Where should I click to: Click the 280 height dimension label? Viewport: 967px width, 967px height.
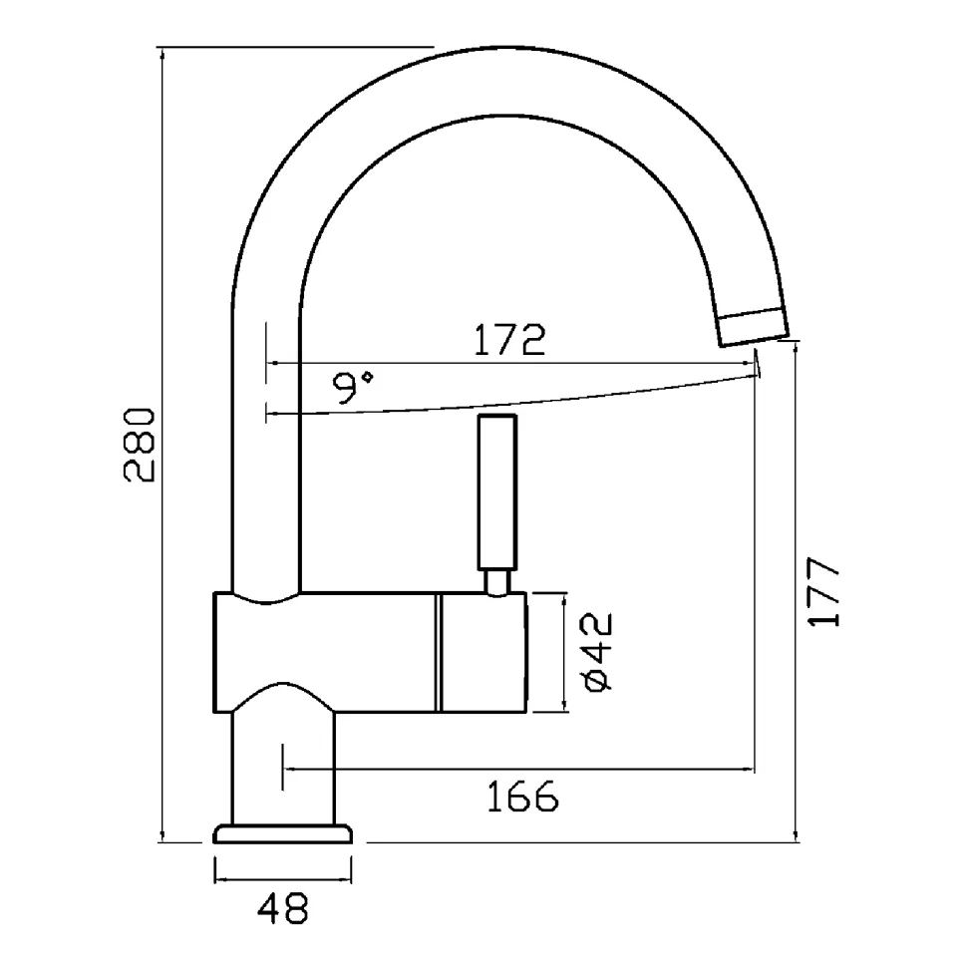coord(139,444)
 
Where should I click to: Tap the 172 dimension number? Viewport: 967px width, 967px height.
coord(509,339)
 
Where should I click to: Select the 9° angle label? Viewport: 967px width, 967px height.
coord(353,387)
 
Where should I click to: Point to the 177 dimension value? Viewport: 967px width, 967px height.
coord(823,592)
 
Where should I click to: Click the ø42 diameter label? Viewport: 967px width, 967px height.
coord(597,651)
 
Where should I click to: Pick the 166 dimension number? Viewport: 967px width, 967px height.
coord(523,797)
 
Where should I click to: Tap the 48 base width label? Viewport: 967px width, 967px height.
coord(282,908)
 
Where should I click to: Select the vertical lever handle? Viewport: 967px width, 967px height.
coord(497,492)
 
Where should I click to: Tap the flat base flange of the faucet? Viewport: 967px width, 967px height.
coord(282,834)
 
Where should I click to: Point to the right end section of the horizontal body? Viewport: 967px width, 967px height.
coord(484,653)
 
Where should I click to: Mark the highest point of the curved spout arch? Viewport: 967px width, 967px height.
coord(511,48)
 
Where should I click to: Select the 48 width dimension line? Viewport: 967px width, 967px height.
coord(283,879)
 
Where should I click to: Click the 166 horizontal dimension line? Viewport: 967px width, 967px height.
coord(518,769)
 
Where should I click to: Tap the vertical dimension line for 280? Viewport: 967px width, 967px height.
coord(162,444)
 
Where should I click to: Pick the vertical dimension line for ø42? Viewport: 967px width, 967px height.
coord(563,653)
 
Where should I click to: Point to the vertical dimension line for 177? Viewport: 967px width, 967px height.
coord(797,592)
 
